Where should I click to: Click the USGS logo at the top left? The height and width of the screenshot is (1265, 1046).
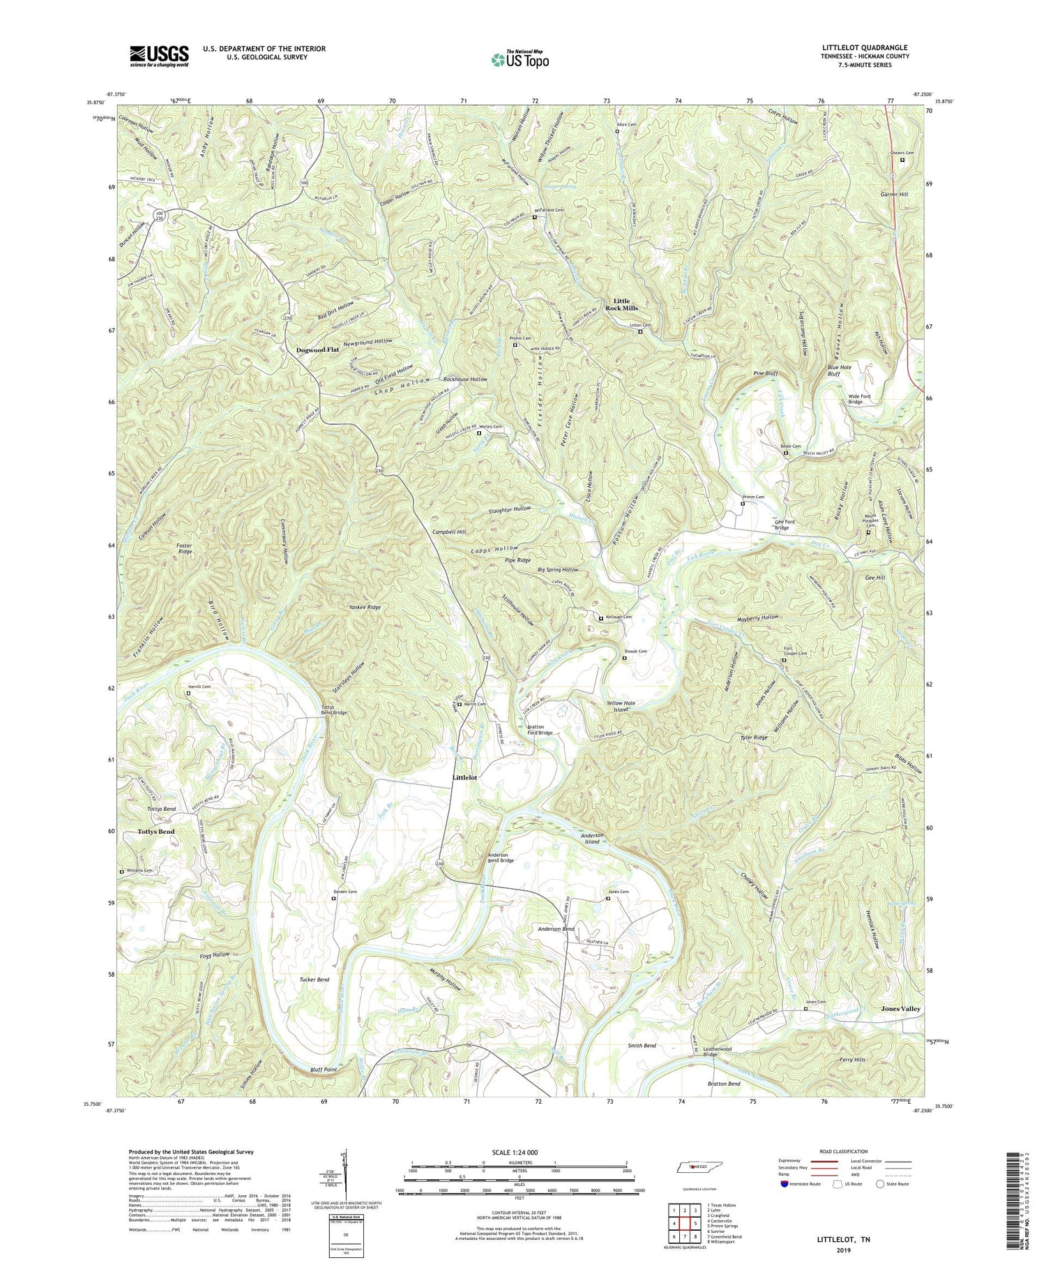coord(159,55)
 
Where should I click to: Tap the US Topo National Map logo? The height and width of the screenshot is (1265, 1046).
coord(520,59)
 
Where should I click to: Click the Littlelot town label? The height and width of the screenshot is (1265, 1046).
coord(465,777)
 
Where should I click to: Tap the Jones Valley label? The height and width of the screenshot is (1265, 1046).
coord(900,1009)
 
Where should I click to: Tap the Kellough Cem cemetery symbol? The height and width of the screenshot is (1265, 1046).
coord(601,618)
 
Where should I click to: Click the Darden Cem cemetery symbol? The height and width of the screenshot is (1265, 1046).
coord(333,899)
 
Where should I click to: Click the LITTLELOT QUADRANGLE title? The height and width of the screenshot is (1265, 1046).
coord(865,47)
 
